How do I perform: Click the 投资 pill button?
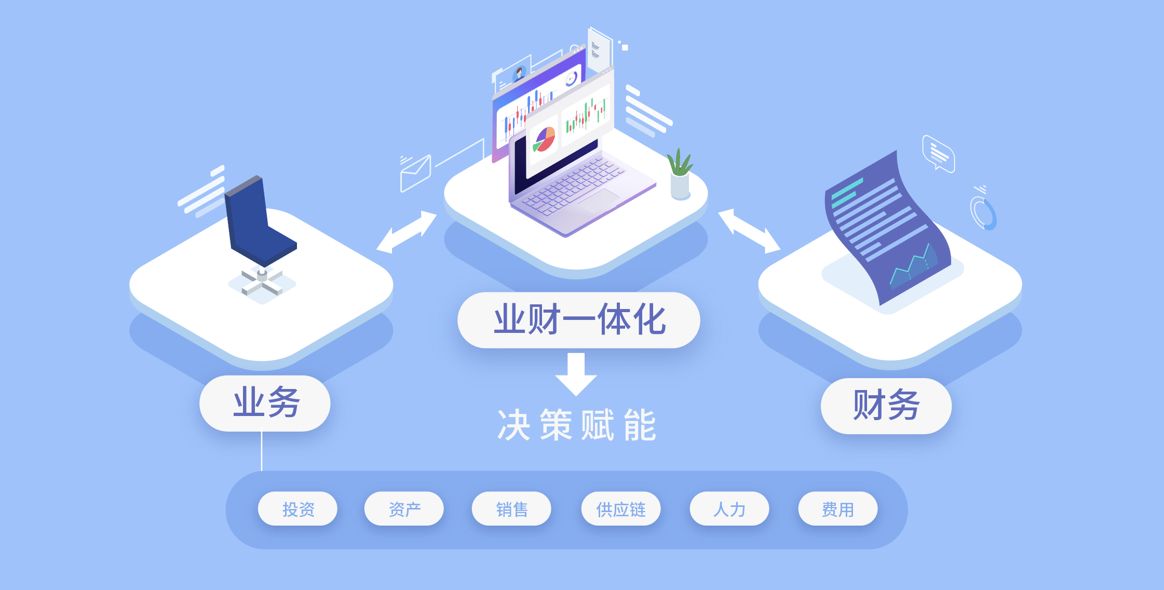pyautogui.click(x=297, y=509)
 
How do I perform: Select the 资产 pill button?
pyautogui.click(x=404, y=509)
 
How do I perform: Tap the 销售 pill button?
pyautogui.click(x=511, y=509)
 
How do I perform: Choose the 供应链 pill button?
pyautogui.click(x=621, y=509)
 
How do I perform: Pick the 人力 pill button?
pyautogui.click(x=729, y=509)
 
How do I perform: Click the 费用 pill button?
pyautogui.click(x=837, y=509)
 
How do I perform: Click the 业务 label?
pyautogui.click(x=265, y=403)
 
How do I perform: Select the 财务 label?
pyautogui.click(x=886, y=406)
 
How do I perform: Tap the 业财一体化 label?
pyautogui.click(x=578, y=320)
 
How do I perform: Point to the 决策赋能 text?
pyautogui.click(x=577, y=425)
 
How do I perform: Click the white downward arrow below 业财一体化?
pyautogui.click(x=576, y=374)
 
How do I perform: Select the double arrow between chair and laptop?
pyautogui.click(x=407, y=232)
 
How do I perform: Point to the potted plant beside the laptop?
pyautogui.click(x=680, y=174)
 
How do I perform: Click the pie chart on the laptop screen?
pyautogui.click(x=545, y=139)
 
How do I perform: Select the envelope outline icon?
pyautogui.click(x=415, y=173)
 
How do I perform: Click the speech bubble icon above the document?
pyautogui.click(x=938, y=153)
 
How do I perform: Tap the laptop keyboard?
pyautogui.click(x=571, y=187)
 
